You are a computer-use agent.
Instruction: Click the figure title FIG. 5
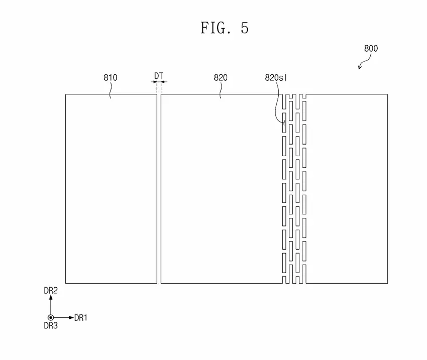(224, 28)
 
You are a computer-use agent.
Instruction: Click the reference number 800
(371, 49)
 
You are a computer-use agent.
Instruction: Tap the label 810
(111, 77)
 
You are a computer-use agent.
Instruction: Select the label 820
(221, 77)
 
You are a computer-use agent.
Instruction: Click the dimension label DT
(159, 76)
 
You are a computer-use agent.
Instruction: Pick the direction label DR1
(81, 317)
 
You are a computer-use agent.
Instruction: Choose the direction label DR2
(51, 291)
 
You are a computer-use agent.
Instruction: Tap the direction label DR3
(51, 326)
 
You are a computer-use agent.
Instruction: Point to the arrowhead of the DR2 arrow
(51, 298)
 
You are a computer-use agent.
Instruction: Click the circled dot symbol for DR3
(51, 317)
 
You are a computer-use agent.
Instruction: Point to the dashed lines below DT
(159, 88)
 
